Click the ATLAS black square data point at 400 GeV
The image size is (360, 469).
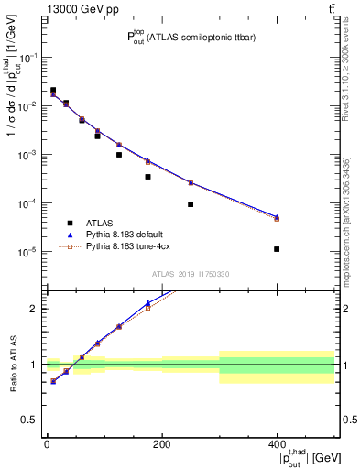click(277, 249)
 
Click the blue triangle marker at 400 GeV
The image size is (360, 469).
click(277, 217)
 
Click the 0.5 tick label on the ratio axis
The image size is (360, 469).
click(27, 420)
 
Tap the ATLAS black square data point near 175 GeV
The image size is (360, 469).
click(147, 177)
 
